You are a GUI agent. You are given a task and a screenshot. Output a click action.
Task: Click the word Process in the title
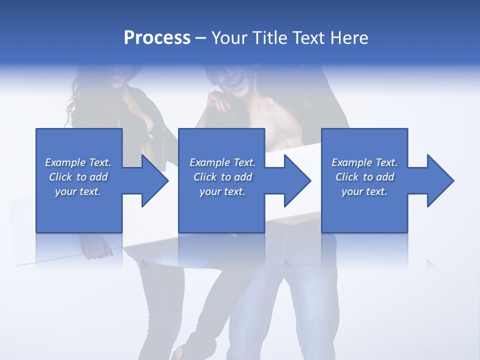[x=157, y=38]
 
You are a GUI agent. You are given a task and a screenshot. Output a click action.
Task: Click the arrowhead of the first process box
[x=154, y=180]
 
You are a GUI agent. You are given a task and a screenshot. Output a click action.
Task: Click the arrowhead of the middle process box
[x=297, y=180]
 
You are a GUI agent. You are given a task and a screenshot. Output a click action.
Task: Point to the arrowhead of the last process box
[x=440, y=180]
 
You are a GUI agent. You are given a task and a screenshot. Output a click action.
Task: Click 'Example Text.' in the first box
[x=78, y=162]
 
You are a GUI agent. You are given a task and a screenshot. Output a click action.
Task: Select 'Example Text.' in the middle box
[x=222, y=162]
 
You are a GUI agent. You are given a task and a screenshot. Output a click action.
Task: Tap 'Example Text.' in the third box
[x=364, y=162]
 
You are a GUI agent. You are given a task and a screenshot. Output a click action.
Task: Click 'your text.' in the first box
[x=78, y=191]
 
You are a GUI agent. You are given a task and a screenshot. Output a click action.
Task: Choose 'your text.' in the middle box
[x=222, y=191]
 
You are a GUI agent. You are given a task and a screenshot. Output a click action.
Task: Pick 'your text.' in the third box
[x=364, y=191]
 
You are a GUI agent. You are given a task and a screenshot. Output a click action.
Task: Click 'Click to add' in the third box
[x=364, y=177]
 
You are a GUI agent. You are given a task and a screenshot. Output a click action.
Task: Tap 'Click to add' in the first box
[x=78, y=177]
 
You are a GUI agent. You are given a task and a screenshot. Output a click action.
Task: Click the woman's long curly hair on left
[x=75, y=100]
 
